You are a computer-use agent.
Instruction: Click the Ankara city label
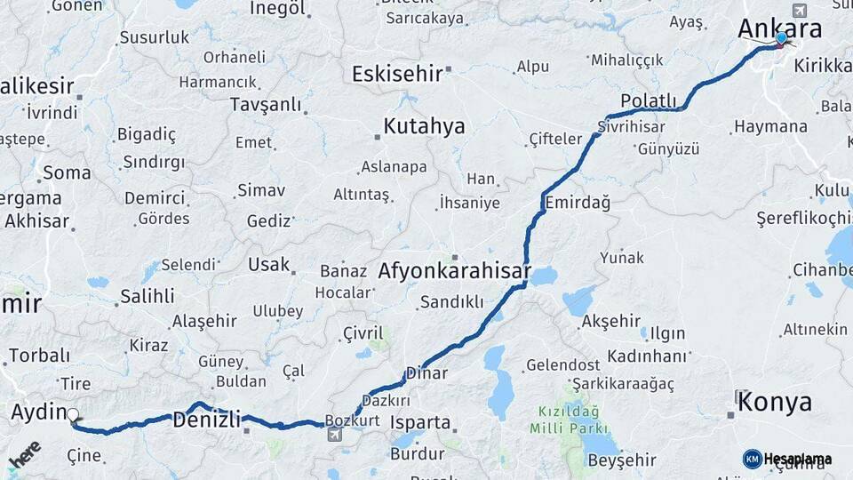coord(778,29)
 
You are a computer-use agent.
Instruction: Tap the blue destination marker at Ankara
coord(781,38)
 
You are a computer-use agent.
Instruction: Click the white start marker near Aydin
coord(73,415)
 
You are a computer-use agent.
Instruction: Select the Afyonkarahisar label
coord(454,271)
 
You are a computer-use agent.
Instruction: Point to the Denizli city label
coord(206,419)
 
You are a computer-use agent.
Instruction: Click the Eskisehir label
coord(396,74)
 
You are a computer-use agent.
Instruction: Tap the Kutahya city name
coord(424,126)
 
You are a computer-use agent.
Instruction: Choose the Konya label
coord(774,402)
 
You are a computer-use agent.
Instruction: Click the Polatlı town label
coord(649,100)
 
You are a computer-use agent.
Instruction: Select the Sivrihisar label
coord(631,126)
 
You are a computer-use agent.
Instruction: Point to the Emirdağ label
coord(578,203)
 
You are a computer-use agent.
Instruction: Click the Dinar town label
coord(426,373)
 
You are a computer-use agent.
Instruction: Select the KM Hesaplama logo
coord(787,459)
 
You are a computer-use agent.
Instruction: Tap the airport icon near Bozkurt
coord(334,435)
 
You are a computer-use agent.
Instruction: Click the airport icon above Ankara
coord(798,11)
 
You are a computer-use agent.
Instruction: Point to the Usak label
coord(268,265)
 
